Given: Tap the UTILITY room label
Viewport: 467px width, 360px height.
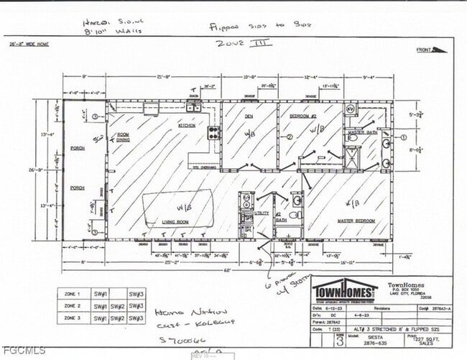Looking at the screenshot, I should pos(262,213).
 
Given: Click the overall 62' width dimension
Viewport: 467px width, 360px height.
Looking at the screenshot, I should pos(229,270).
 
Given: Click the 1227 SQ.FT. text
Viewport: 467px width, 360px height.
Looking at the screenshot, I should pos(418,339).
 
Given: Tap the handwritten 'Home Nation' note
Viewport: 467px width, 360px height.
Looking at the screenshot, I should pos(182,313).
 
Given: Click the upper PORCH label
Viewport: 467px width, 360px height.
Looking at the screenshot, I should pos(77,149).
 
